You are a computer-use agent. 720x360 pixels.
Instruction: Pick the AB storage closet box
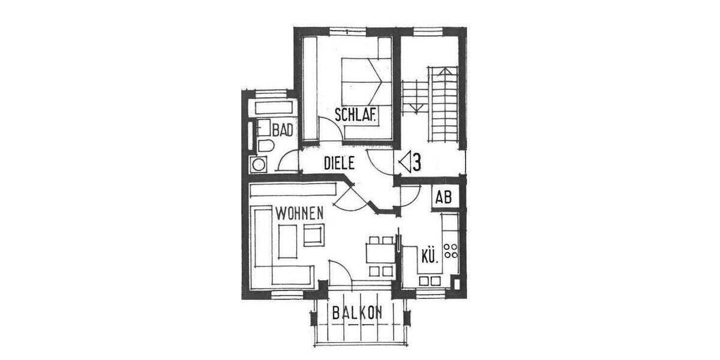[443, 197]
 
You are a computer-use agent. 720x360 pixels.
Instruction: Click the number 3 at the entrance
[416, 162]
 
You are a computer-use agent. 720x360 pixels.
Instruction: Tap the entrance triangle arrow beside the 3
[405, 162]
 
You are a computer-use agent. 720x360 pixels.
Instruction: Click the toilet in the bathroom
[265, 146]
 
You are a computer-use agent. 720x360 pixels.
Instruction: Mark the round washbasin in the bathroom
[259, 164]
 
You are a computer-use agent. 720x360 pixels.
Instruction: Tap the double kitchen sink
[429, 280]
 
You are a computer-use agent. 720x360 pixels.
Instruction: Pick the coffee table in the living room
[288, 240]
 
